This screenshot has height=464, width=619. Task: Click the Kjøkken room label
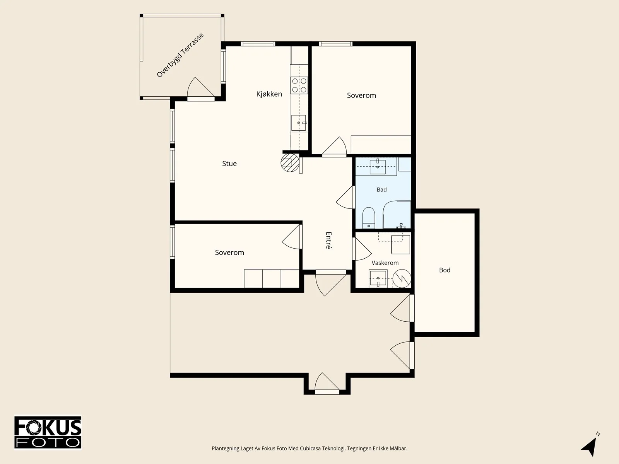(269, 94)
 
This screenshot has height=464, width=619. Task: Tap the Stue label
(229, 164)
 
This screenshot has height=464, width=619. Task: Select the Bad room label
(381, 189)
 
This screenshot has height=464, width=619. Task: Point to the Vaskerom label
(385, 263)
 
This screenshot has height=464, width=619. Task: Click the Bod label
(445, 270)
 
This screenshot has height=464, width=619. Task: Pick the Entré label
(328, 240)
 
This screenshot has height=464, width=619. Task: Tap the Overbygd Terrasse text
(180, 55)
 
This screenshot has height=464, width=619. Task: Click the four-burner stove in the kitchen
(299, 85)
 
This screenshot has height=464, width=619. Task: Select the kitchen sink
(299, 123)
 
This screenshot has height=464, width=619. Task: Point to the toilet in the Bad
(368, 218)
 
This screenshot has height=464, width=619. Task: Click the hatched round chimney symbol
(290, 162)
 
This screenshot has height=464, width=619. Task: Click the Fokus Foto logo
(48, 433)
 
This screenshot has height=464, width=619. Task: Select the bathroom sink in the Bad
(378, 167)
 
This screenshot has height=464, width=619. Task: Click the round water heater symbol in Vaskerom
(402, 279)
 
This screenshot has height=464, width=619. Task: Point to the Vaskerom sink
(378, 279)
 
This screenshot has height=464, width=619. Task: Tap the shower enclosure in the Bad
(397, 214)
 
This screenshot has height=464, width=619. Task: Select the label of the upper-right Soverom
(361, 96)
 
